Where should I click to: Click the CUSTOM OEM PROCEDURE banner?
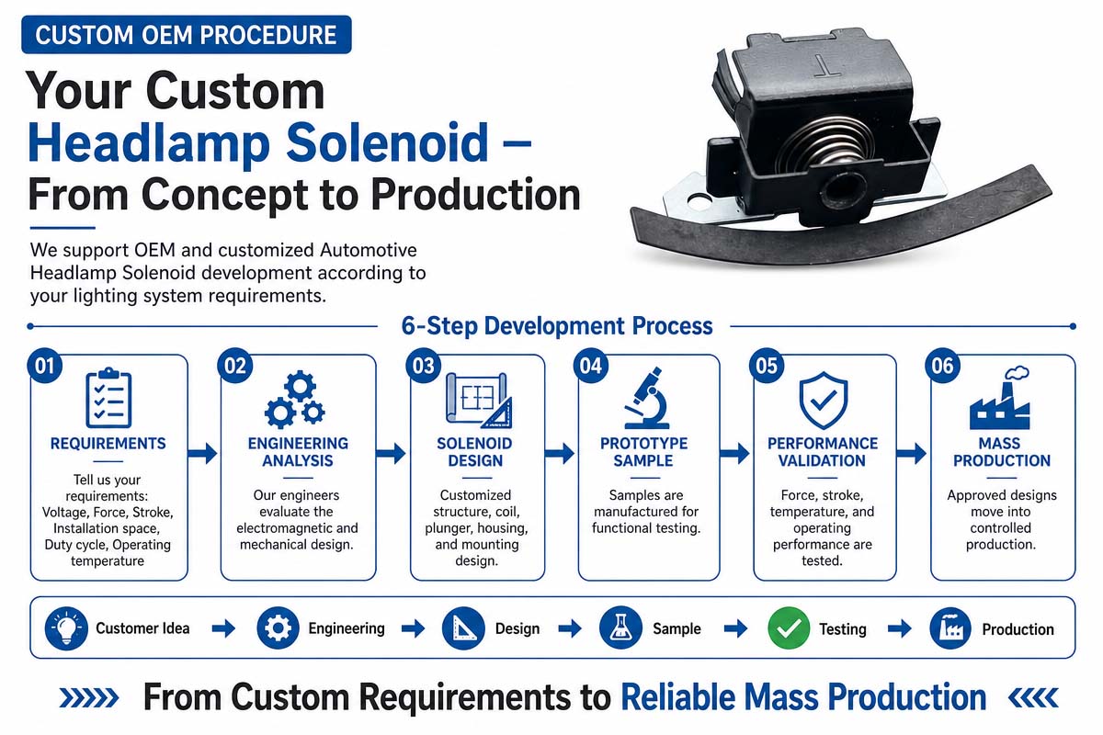pos(186,35)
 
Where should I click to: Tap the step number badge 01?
pos(44,366)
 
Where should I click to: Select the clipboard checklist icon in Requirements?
pos(108,398)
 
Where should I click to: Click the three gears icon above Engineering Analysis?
pos(295,400)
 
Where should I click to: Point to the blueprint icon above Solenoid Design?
pos(479,401)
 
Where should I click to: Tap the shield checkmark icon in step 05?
pos(824,401)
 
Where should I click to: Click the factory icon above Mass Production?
pos(1000,398)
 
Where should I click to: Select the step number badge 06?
pos(942,366)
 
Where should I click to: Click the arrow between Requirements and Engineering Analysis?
pos(202,454)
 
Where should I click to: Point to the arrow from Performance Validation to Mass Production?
pos(912,454)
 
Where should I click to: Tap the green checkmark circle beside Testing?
pos(789,628)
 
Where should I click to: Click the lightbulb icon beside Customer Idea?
pos(66,628)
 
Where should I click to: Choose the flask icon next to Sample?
pos(620,628)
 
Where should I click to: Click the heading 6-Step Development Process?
pos(557,326)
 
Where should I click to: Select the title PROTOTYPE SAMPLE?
pos(643,452)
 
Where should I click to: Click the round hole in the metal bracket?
pos(699,200)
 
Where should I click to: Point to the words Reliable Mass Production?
pos(803,697)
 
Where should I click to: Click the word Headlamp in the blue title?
pos(149,142)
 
